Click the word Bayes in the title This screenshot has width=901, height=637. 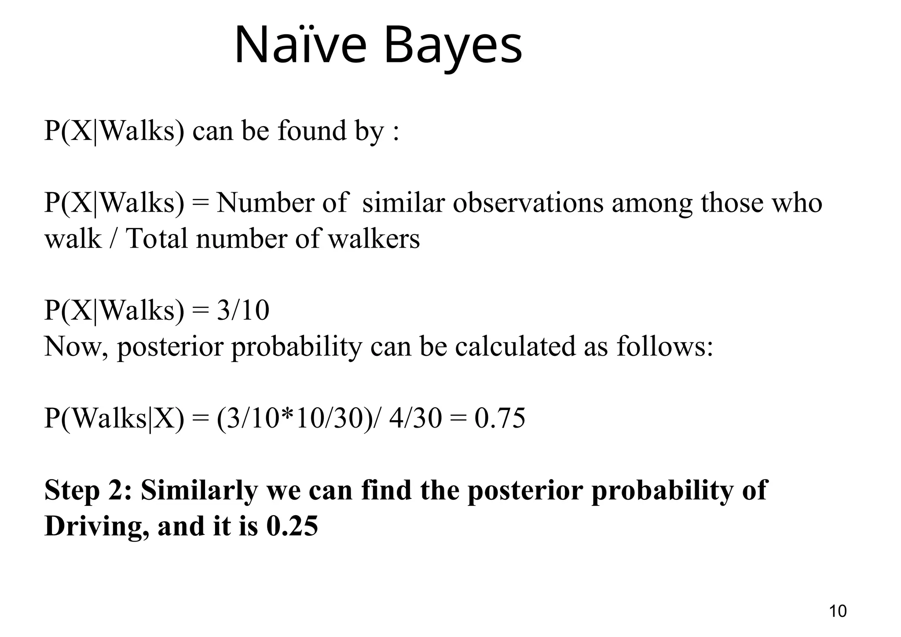tap(453, 46)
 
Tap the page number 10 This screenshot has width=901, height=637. tap(838, 611)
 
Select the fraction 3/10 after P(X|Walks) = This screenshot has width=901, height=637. tap(243, 310)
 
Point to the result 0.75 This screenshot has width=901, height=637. tap(500, 418)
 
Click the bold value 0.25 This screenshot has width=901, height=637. tap(292, 526)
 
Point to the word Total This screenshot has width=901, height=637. tap(157, 239)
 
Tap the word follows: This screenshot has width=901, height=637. tap(664, 347)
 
